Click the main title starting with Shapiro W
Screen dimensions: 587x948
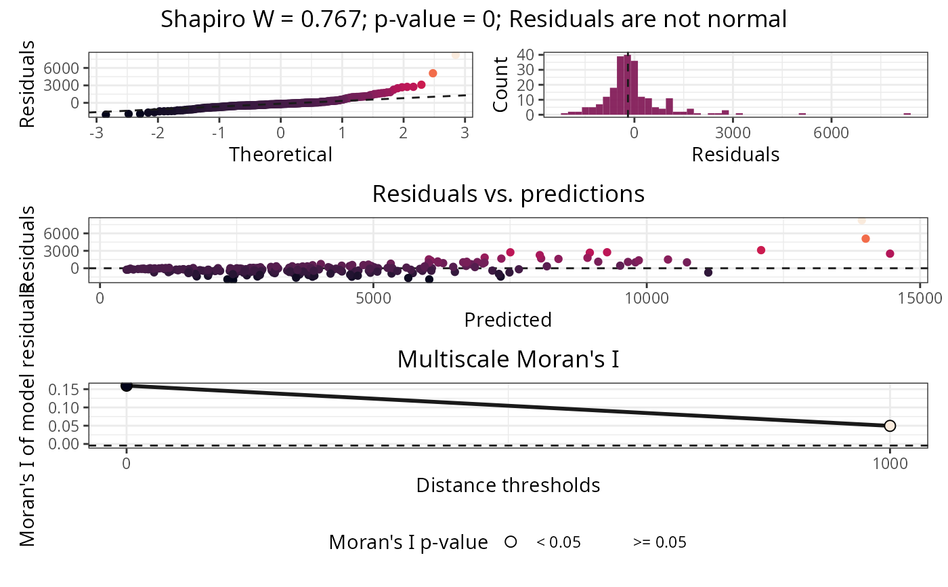[473, 19]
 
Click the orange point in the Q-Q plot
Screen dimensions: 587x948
[433, 73]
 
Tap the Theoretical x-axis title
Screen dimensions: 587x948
[280, 155]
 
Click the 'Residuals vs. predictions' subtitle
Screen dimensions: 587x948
[508, 195]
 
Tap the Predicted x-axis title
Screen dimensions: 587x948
[508, 319]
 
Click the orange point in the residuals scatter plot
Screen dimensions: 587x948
[865, 239]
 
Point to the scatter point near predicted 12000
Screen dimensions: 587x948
[761, 250]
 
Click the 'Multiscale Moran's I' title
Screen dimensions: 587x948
[508, 359]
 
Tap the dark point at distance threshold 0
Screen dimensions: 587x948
[127, 386]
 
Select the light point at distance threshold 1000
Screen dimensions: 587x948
[890, 426]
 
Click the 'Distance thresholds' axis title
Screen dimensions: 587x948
[508, 485]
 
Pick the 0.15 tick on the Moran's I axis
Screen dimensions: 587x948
[70, 389]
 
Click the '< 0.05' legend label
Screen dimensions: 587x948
[559, 542]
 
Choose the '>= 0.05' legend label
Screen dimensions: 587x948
[660, 542]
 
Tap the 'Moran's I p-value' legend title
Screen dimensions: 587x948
[408, 542]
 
